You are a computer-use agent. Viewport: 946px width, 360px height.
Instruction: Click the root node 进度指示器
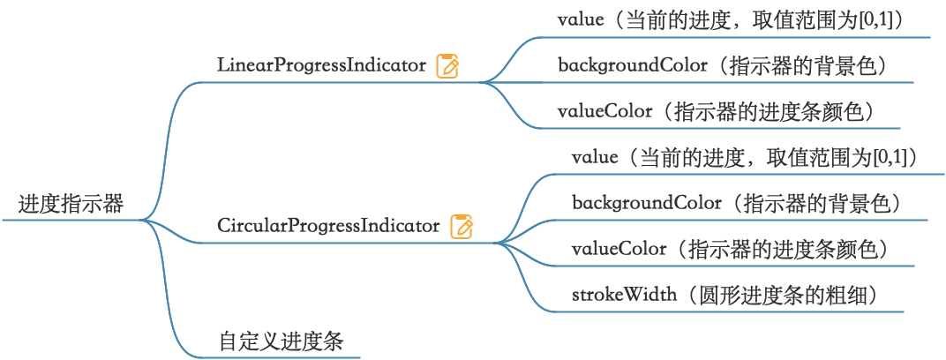(71, 206)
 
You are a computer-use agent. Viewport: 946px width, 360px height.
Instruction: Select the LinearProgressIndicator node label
(321, 65)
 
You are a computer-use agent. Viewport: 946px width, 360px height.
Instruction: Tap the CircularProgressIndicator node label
(328, 226)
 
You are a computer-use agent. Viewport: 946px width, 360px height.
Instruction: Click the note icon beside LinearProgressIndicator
(448, 66)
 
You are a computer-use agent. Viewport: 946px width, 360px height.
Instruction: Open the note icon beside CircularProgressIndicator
(462, 227)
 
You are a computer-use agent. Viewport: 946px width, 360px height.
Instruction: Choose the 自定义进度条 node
(281, 341)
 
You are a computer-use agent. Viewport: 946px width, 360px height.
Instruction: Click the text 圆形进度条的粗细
(777, 295)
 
